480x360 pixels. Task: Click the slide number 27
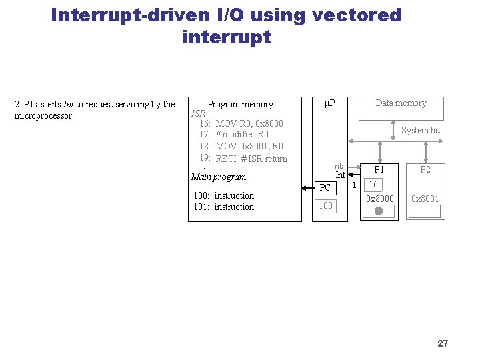tap(443, 343)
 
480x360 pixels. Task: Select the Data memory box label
tap(401, 103)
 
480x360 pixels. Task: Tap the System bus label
tap(422, 130)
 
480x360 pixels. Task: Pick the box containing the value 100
tap(325, 205)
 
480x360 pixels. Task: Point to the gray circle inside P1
tap(378, 211)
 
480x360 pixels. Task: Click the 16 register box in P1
tap(374, 185)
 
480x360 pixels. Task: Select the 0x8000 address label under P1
tap(379, 199)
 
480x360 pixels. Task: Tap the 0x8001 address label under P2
tap(425, 199)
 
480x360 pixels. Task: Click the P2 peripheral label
tap(425, 169)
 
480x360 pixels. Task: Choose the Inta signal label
tap(339, 166)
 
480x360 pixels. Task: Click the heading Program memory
tap(240, 104)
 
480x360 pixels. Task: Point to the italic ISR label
tap(198, 113)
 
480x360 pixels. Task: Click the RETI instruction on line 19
tap(227, 159)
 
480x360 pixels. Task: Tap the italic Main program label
tap(218, 177)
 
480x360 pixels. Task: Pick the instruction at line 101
tap(223, 207)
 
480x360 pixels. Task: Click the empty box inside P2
tap(425, 211)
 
